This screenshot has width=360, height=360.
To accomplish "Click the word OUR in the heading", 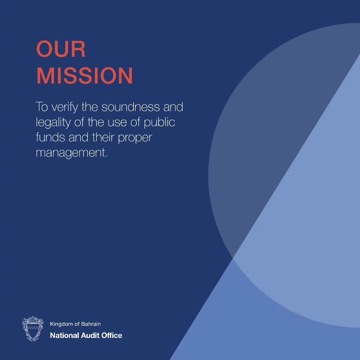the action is point(61,49).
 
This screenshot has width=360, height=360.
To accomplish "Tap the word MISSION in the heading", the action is point(84,76).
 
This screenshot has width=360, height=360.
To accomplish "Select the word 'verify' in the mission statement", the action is point(65,107).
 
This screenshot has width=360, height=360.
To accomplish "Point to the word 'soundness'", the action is point(130,107).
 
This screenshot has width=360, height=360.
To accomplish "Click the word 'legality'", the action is point(53,123).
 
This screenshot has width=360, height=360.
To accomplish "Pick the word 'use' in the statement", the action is point(117,123).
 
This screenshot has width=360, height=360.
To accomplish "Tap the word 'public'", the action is point(160,123).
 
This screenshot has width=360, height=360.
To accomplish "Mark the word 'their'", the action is point(103,138).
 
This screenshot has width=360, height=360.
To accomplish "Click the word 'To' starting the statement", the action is point(42,107).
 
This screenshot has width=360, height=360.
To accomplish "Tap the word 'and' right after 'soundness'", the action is point(173,107).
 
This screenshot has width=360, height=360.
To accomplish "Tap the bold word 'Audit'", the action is point(90,336).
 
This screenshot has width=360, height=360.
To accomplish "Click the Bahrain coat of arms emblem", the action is point(33,329).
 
